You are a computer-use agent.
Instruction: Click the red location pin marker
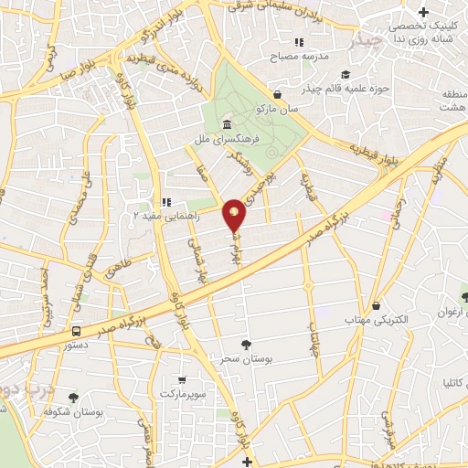(235, 215)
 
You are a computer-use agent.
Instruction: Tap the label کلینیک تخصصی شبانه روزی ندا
(421, 34)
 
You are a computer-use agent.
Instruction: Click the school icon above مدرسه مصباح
(297, 42)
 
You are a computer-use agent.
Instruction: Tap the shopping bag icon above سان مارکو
(277, 94)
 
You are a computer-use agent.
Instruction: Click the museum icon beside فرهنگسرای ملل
(226, 125)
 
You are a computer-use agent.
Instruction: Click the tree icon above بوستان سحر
(245, 344)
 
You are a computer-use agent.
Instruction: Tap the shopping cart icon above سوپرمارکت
(182, 380)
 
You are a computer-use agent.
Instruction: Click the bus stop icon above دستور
(76, 332)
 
